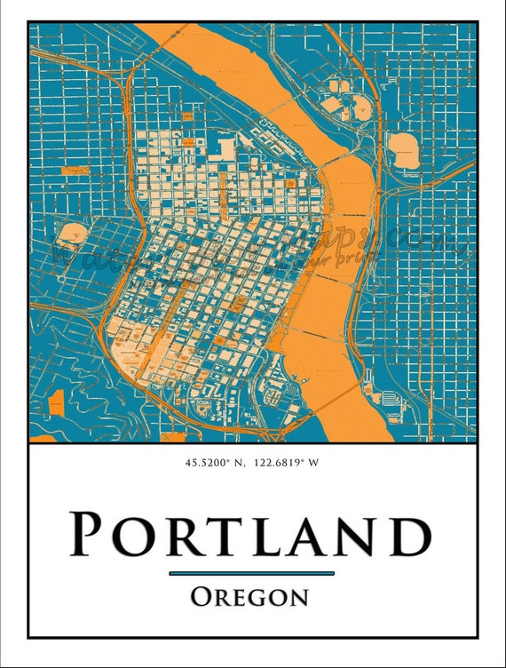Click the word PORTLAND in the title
click(250, 535)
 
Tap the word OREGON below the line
click(250, 596)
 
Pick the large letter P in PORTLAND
click(91, 535)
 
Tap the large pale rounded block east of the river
click(405, 149)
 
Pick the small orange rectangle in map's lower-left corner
click(57, 402)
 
